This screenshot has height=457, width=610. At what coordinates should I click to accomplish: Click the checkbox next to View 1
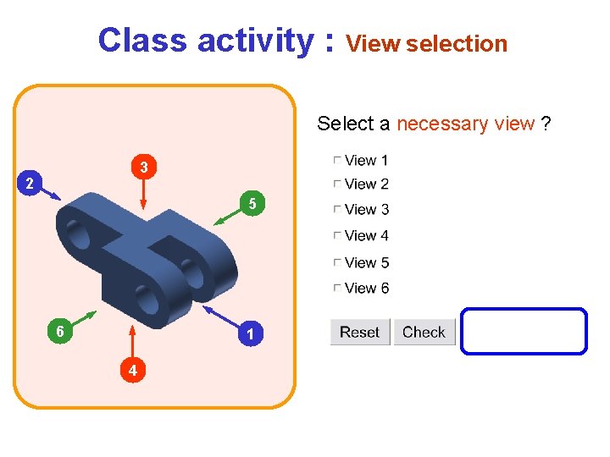[337, 160]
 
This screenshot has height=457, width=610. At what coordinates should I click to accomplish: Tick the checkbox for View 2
[337, 184]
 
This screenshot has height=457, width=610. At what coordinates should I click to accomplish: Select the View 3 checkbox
[337, 210]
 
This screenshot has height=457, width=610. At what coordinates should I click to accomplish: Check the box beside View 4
[337, 235]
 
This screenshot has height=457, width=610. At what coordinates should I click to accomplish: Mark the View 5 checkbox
[337, 262]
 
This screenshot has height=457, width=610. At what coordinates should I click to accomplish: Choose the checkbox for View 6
[337, 289]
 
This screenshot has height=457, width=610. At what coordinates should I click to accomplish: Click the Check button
[424, 332]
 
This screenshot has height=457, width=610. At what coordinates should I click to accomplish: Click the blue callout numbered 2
[30, 183]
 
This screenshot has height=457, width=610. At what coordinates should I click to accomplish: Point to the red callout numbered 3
[145, 168]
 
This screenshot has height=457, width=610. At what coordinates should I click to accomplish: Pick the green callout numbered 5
[252, 203]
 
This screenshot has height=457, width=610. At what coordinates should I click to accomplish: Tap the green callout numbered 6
[58, 332]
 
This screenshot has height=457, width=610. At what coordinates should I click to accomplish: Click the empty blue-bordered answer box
[524, 331]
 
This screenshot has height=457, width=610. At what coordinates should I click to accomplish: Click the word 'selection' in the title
[457, 43]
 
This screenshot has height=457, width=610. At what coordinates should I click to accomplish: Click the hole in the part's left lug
[78, 234]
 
